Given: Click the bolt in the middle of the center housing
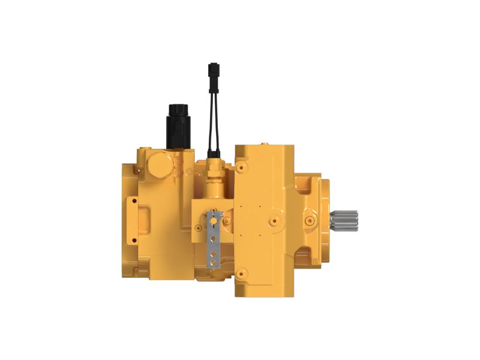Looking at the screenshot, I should point(275,220).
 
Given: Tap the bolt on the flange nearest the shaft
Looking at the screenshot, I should point(310,220).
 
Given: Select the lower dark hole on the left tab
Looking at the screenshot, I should point(133,241).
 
